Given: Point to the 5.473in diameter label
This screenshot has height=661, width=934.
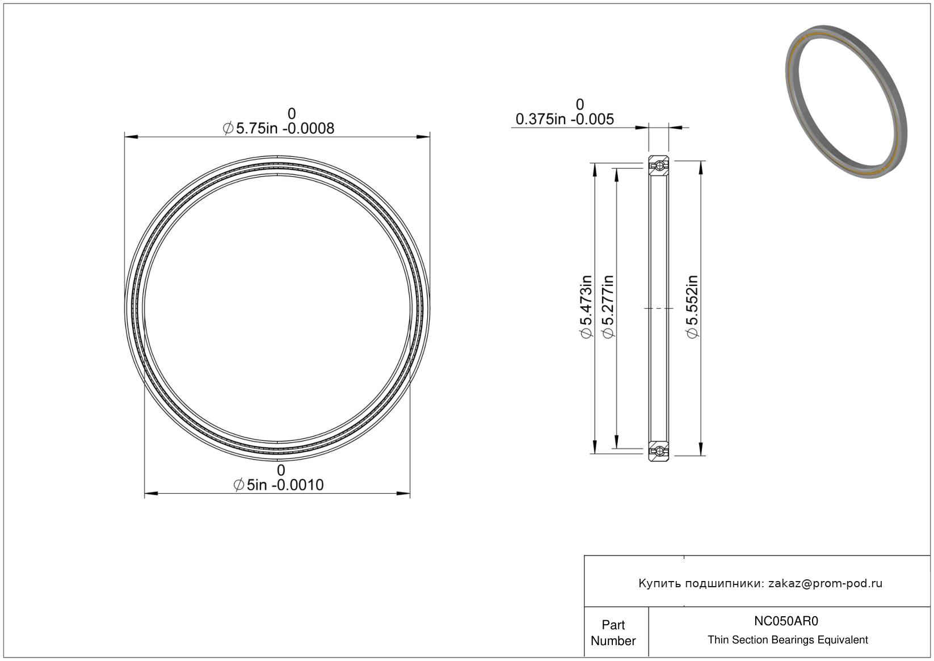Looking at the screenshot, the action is point(586,307).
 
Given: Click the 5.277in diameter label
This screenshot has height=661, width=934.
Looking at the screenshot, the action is point(608,307).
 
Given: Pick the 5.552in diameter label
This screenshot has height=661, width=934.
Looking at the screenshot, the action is point(692,307).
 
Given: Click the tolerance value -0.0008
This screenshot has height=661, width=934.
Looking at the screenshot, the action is point(309,128).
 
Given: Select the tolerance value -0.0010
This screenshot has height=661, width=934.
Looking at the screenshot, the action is point(298,485).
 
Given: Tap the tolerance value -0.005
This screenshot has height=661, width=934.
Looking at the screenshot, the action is point(592,119).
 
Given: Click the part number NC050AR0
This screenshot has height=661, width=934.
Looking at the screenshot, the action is point(786,621).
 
